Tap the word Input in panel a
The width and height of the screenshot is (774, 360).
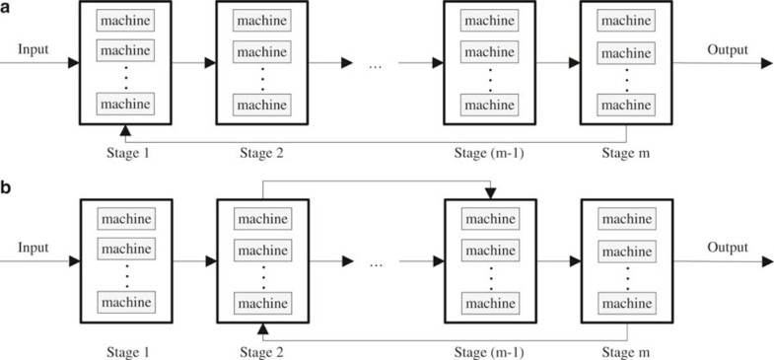pyautogui.click(x=34, y=48)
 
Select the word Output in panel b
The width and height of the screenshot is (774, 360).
pyautogui.click(x=727, y=249)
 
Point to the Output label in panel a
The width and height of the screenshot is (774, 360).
pyautogui.click(x=727, y=49)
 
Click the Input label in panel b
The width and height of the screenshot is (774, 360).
pyautogui.click(x=34, y=249)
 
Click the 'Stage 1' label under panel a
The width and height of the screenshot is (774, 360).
pyautogui.click(x=123, y=154)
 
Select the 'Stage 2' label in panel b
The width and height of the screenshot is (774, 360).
pyautogui.click(x=261, y=350)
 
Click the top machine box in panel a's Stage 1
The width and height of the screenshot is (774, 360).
pyautogui.click(x=124, y=21)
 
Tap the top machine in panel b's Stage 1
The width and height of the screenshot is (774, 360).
pyautogui.click(x=124, y=217)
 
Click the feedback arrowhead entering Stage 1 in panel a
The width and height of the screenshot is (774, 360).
pyautogui.click(x=124, y=130)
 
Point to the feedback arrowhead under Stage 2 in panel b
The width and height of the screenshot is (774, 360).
pyautogui.click(x=261, y=326)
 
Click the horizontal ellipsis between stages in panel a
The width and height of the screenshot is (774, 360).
pyautogui.click(x=376, y=65)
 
